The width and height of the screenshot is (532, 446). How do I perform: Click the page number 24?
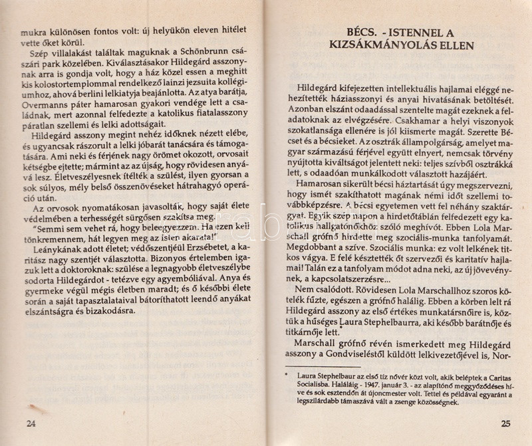[x=28, y=424]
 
